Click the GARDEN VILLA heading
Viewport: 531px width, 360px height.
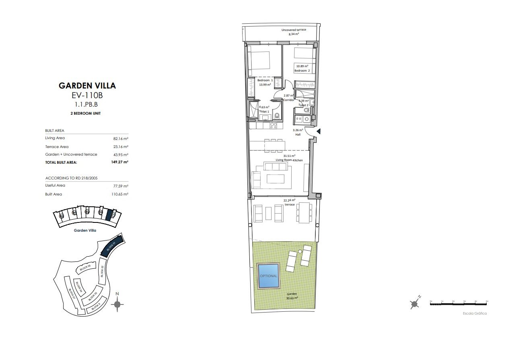87,85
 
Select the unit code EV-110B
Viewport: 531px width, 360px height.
87,96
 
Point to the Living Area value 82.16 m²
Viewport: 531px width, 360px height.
121,138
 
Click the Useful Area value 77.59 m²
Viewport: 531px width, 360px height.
121,186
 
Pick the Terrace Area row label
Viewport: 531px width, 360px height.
57,147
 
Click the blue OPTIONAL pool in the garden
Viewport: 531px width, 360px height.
269,276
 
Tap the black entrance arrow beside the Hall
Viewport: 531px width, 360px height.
318,132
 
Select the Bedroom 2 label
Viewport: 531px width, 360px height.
302,71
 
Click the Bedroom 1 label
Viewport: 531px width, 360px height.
265,80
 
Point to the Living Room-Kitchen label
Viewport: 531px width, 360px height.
289,160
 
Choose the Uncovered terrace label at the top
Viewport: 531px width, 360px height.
294,30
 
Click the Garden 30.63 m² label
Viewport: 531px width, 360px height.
292,296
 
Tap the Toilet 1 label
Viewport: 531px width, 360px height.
264,111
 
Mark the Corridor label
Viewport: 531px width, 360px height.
289,100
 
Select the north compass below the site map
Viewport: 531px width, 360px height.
117,304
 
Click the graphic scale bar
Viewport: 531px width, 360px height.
459,304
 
